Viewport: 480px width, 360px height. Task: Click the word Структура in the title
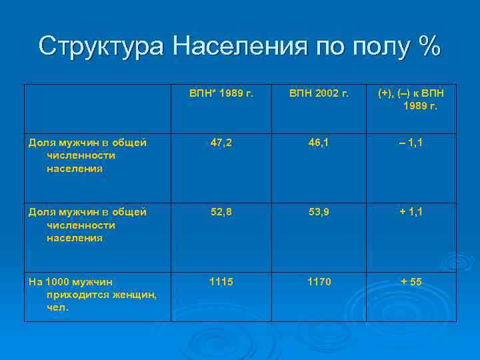101,46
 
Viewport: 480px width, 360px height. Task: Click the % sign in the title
426,46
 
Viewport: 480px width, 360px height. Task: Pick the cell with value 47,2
221,142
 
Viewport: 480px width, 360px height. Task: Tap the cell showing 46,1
319,142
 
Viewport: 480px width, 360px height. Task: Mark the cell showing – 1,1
411,142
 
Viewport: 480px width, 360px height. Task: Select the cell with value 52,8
221,211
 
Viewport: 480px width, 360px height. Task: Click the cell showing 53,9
319,211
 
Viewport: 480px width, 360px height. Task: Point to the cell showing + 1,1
411,211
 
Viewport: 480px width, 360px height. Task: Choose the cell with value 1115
221,282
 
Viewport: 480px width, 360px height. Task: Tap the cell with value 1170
319,282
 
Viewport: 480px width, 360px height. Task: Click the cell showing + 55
411,282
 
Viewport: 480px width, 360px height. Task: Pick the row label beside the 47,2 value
87,155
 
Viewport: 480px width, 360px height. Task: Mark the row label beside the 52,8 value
87,225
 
